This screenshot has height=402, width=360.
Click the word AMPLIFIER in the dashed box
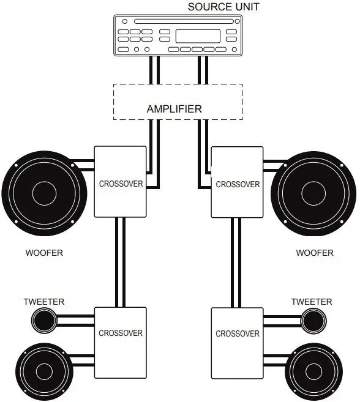point(174,110)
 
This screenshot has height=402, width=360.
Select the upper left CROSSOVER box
point(120,182)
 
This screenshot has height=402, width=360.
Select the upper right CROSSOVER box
point(237,182)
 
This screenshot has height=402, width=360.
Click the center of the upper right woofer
point(314,194)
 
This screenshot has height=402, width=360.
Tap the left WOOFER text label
point(44,253)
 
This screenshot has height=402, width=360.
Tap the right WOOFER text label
point(315,253)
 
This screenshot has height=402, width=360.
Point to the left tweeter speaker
point(43,319)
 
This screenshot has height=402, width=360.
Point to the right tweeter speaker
point(313,319)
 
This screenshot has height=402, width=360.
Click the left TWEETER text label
point(43,302)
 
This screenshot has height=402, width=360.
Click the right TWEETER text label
point(312,302)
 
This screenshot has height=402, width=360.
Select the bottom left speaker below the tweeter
point(43,371)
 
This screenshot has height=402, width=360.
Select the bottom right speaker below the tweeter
point(314,371)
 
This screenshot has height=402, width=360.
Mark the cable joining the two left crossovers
point(120,262)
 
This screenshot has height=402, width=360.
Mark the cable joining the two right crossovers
point(236,262)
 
